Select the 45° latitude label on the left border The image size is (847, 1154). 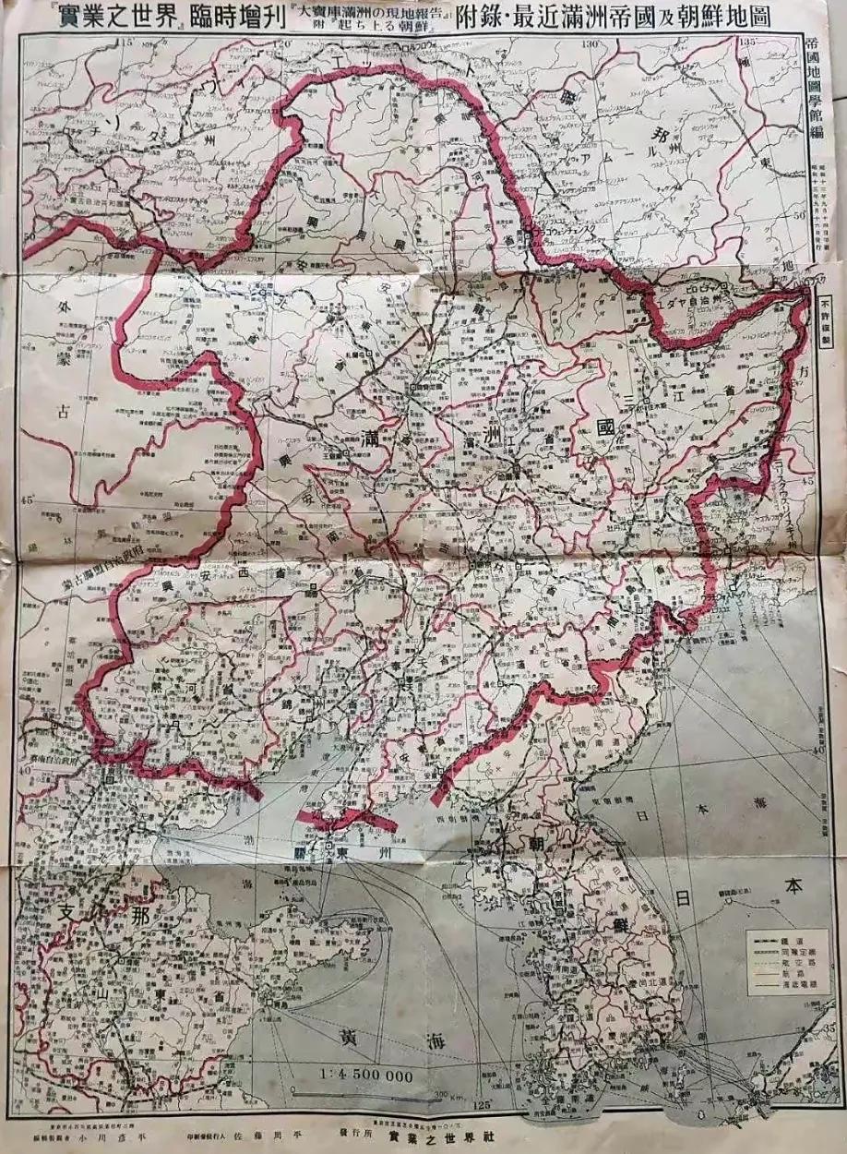(29, 499)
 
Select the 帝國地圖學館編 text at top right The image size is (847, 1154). (811, 88)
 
